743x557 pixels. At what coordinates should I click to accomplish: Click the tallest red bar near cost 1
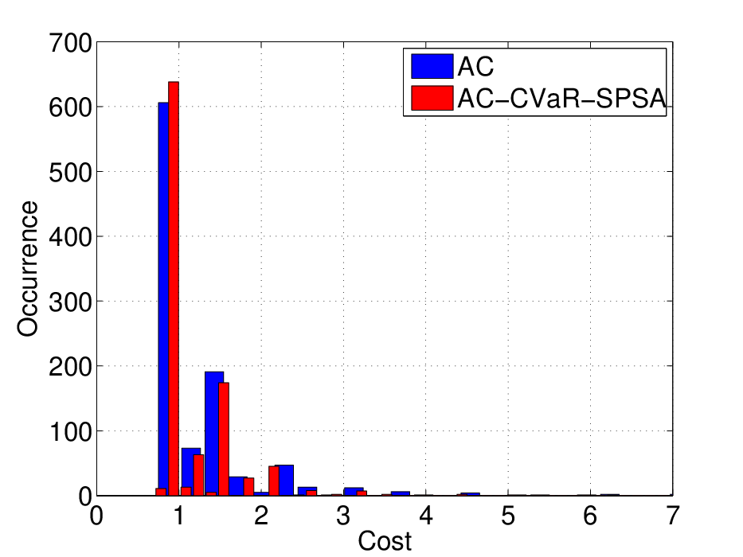click(x=174, y=288)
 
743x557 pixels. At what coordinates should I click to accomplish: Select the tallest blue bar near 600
click(x=163, y=299)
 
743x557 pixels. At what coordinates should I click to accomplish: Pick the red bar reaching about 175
click(x=224, y=439)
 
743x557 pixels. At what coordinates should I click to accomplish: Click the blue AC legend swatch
click(x=432, y=66)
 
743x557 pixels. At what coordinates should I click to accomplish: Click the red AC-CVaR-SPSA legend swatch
click(x=432, y=98)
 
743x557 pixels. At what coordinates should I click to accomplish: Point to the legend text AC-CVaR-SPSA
click(x=561, y=99)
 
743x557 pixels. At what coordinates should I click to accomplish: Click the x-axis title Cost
click(x=385, y=541)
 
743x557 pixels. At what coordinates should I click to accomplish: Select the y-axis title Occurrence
click(x=28, y=269)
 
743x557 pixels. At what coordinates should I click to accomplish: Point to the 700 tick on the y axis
click(x=70, y=43)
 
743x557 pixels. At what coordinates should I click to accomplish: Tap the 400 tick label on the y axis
click(x=70, y=236)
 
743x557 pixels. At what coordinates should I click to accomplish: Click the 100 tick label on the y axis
click(x=70, y=431)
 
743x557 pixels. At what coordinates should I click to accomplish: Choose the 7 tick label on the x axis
click(x=673, y=516)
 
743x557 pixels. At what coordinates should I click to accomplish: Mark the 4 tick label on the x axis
click(x=426, y=516)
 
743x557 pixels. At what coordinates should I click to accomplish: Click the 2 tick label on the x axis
click(x=261, y=516)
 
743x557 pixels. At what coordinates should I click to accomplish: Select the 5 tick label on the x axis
click(x=508, y=516)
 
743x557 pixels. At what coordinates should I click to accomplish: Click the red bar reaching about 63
click(x=198, y=475)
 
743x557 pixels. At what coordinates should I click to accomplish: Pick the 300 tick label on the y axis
click(x=70, y=302)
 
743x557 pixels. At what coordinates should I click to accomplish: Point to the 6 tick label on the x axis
click(x=590, y=516)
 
